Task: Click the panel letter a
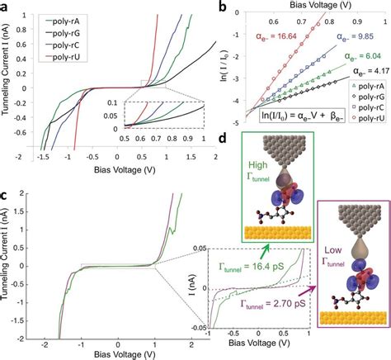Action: point(7,7)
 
